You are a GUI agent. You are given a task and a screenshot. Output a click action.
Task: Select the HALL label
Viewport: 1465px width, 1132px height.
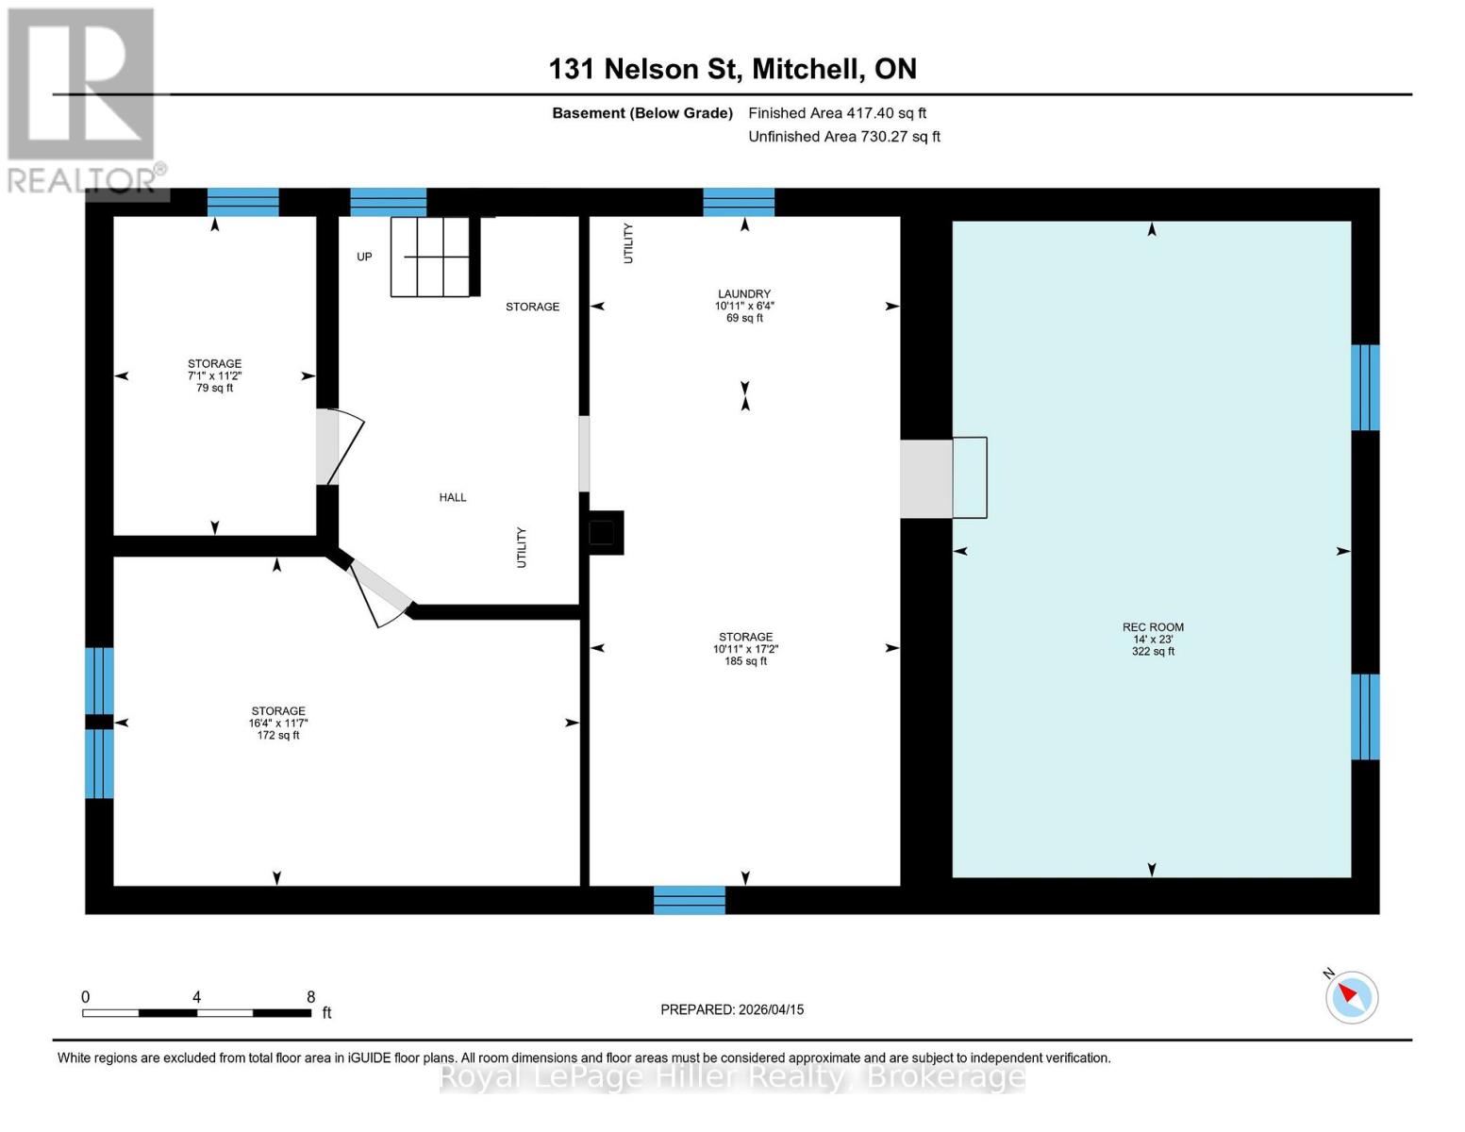453,497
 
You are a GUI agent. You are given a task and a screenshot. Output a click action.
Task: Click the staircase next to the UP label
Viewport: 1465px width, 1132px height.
430,257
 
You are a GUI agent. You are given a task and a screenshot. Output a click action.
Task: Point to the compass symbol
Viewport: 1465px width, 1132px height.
1351,996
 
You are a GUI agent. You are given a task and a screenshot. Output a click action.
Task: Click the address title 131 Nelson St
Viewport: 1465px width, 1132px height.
732,69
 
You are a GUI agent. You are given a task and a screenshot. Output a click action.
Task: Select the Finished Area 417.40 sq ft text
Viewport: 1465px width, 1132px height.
837,113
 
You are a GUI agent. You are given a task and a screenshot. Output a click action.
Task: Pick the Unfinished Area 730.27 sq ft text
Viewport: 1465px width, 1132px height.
843,137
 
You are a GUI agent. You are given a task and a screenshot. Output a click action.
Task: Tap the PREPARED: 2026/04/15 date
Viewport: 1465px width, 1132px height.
732,1009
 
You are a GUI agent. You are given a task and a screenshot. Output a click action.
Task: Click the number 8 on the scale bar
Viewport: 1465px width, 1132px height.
310,997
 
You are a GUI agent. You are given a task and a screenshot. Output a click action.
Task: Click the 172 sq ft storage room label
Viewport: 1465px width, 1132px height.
277,723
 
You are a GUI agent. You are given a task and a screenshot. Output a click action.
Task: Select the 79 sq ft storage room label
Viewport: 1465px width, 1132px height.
214,375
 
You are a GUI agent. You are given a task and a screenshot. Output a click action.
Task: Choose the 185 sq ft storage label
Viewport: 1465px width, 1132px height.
745,649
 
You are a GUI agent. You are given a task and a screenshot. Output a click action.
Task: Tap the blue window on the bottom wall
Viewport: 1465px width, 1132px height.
690,900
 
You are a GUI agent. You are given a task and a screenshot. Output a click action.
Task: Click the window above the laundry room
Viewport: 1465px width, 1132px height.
739,202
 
